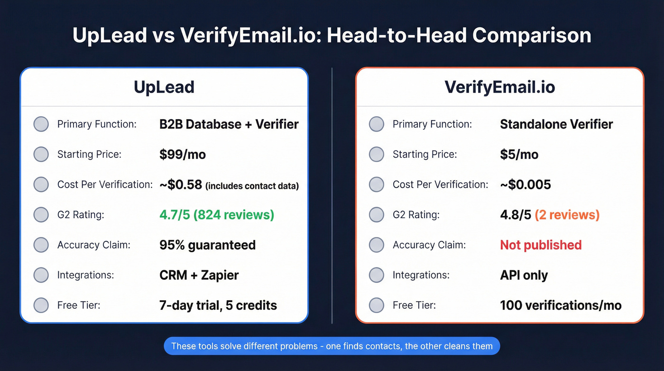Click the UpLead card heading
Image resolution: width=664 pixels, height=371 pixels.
(x=164, y=87)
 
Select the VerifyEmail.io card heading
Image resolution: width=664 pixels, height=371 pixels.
(x=499, y=87)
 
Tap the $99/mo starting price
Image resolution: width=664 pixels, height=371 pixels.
(x=183, y=154)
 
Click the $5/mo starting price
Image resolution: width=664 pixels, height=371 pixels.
(x=519, y=154)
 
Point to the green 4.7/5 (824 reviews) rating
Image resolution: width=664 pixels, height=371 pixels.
(x=217, y=215)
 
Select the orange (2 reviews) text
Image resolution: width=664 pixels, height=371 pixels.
(x=567, y=215)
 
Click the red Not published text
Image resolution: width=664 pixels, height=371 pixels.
(x=541, y=245)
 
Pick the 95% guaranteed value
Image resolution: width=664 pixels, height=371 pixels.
(x=207, y=245)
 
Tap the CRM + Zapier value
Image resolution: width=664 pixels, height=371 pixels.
(x=199, y=275)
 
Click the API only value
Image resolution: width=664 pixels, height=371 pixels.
(x=524, y=275)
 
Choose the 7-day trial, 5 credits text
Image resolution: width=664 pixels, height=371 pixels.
(x=218, y=305)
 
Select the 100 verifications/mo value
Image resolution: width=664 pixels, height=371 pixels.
(x=561, y=305)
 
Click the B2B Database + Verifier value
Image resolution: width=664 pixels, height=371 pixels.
(x=229, y=124)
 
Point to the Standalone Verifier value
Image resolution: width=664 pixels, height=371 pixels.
(x=556, y=124)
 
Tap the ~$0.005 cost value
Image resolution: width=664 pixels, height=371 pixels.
(x=525, y=185)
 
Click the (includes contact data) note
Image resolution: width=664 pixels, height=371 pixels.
(x=252, y=186)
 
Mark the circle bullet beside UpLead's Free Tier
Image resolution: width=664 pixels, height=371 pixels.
(x=41, y=305)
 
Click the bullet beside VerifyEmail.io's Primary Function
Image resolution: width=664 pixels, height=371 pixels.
(x=377, y=124)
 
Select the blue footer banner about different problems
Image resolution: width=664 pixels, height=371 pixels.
(x=332, y=346)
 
